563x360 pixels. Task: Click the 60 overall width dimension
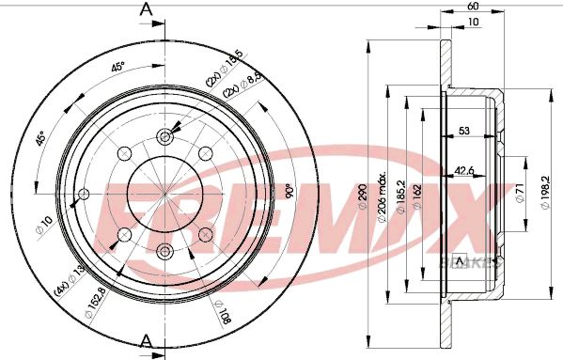click(472, 7)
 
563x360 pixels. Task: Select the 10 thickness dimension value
click(472, 23)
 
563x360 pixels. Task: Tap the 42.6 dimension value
click(464, 170)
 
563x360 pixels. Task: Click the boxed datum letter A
click(460, 259)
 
